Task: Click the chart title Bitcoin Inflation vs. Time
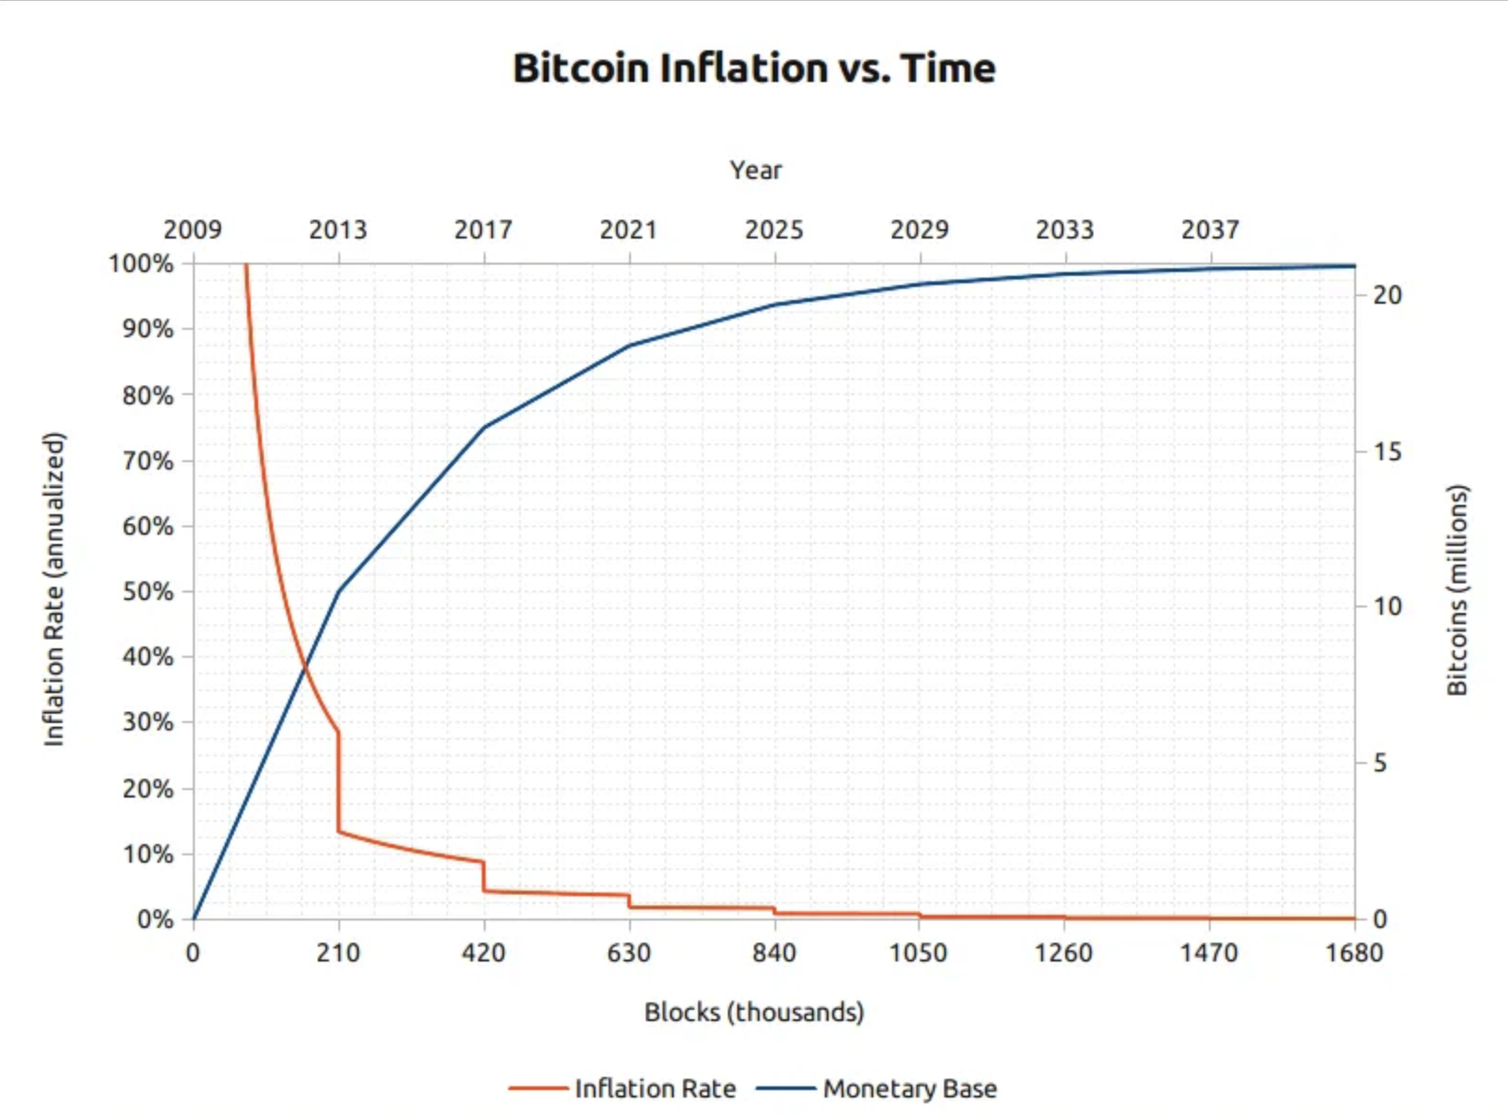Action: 754,68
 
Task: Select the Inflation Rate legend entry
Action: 654,1088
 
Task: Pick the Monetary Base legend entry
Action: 909,1088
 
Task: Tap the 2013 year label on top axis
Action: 337,229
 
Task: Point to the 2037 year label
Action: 1210,229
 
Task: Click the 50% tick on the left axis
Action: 148,592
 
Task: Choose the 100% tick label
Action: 142,264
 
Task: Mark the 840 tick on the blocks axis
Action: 775,953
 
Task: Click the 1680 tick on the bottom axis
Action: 1354,953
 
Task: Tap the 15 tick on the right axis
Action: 1387,452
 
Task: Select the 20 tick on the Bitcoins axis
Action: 1387,295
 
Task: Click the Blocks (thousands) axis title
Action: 754,1012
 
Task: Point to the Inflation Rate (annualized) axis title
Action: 54,589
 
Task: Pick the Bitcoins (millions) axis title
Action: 1457,590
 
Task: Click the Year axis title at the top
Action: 755,170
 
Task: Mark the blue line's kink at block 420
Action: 484,428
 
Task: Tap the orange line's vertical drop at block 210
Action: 338,783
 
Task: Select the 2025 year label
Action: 774,229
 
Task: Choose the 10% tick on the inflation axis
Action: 148,854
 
